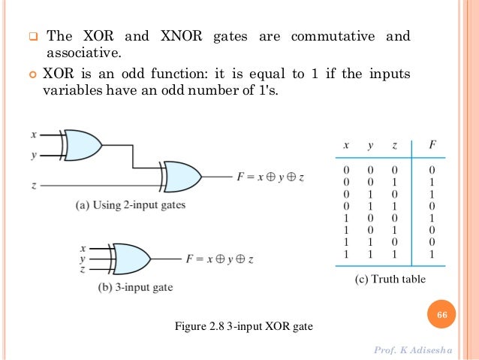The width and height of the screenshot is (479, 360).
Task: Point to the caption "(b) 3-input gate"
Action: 125,286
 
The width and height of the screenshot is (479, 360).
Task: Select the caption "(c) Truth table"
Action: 390,280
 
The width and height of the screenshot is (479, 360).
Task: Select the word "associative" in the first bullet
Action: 83,53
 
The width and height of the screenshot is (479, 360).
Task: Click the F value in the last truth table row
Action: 432,253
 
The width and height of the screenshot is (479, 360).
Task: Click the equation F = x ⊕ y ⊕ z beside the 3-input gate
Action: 220,259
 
